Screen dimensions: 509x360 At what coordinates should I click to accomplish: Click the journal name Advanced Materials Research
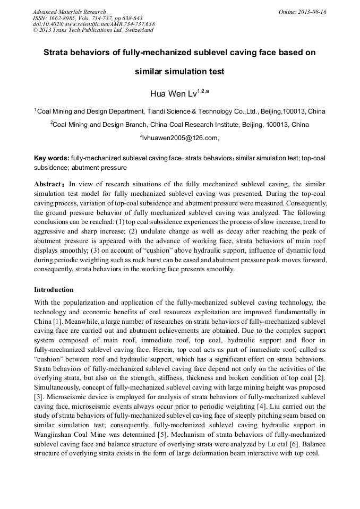(x=69, y=12)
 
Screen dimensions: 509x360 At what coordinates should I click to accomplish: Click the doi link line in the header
(x=93, y=24)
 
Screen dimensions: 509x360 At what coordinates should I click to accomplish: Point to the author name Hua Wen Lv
(x=174, y=94)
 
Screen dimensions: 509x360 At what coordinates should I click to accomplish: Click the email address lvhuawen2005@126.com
(x=179, y=138)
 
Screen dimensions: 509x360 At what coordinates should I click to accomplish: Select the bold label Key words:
(x=52, y=158)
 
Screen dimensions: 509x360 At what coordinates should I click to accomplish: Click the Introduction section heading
(x=54, y=290)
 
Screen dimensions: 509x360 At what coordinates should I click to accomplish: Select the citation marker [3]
(x=38, y=397)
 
